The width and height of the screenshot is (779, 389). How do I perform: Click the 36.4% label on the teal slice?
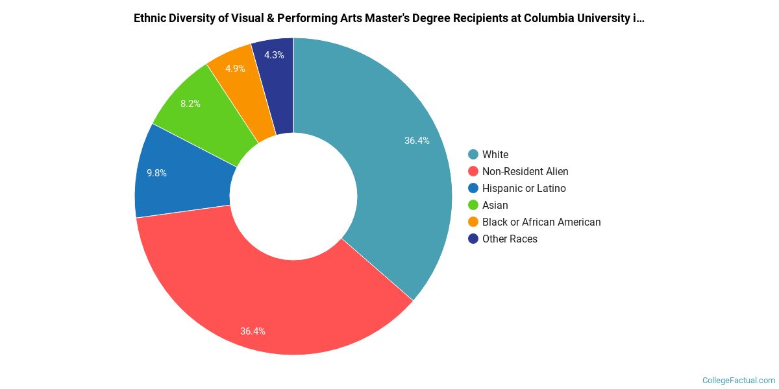point(417,141)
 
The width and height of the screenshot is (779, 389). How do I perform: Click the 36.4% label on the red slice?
point(253,331)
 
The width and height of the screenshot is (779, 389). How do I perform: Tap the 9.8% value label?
point(156,173)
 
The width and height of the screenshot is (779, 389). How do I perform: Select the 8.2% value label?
point(190,104)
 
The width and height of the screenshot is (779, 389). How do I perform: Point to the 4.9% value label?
point(235,69)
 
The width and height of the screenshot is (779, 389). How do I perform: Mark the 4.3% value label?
point(274,55)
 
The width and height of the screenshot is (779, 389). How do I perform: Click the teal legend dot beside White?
point(473,154)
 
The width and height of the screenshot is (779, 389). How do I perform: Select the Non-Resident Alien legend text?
point(525,171)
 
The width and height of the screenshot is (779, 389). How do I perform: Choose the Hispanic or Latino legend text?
point(524,188)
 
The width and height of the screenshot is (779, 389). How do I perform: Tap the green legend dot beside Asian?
point(473,205)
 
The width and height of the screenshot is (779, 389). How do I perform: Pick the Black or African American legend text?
point(541,222)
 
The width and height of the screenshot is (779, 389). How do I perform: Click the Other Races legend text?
point(510,239)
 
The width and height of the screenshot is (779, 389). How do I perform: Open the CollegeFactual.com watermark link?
point(739,380)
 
